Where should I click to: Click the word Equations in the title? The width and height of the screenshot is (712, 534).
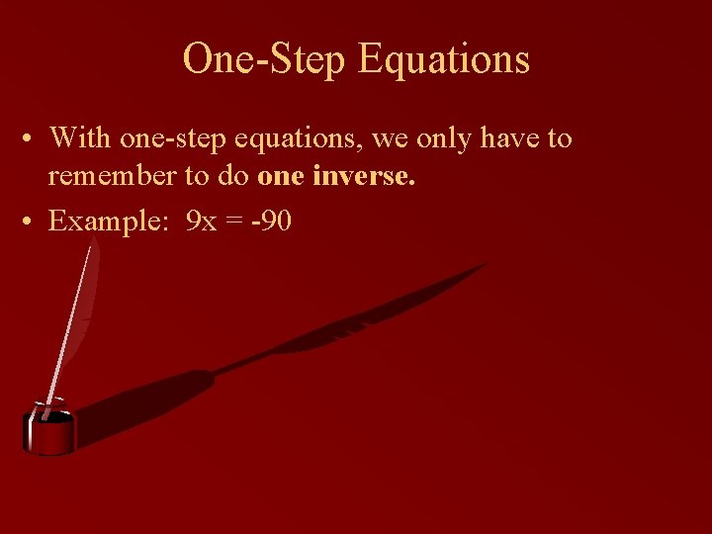coord(444,59)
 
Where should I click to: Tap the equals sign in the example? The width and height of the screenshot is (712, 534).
coord(234,222)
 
